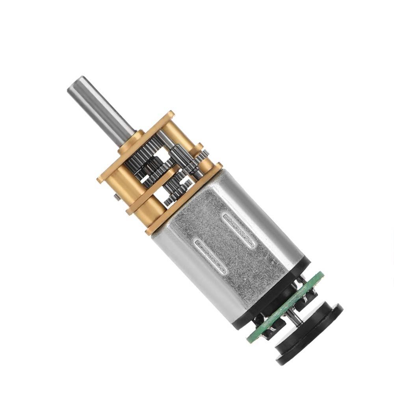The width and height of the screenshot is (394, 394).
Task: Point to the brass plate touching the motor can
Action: (185, 197)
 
